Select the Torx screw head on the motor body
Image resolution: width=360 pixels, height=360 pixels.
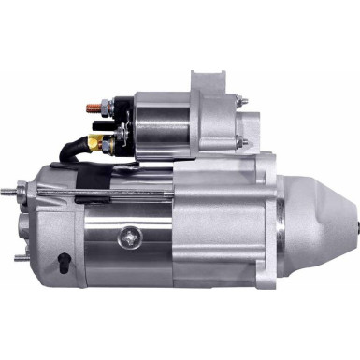click(124, 238)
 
